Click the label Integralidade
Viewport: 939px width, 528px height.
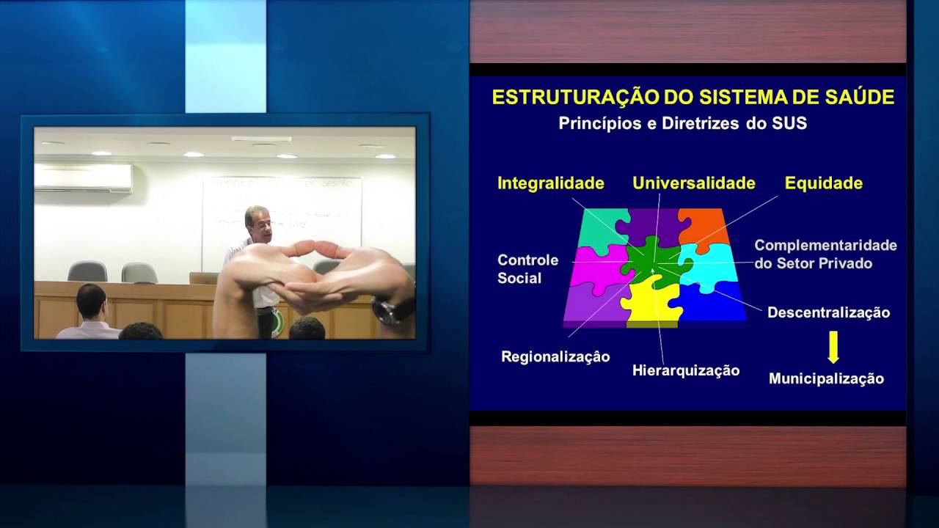[550, 183]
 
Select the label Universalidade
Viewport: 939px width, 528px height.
[694, 183]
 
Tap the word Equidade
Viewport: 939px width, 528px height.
[823, 183]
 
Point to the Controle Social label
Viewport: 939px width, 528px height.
[527, 269]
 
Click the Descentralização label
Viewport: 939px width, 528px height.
[828, 312]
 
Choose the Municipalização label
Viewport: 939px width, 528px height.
[826, 378]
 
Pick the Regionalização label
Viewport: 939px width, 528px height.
[555, 356]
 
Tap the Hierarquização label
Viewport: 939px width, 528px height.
[686, 370]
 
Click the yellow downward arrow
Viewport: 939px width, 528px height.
[833, 347]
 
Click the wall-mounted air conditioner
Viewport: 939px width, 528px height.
[84, 177]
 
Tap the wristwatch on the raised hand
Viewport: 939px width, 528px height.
[390, 310]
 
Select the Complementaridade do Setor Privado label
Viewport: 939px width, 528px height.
[825, 254]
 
